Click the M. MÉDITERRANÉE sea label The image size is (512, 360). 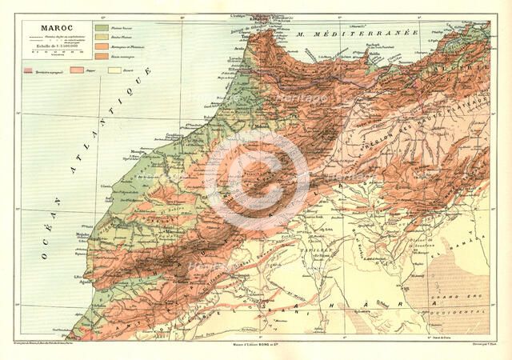point(346,34)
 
